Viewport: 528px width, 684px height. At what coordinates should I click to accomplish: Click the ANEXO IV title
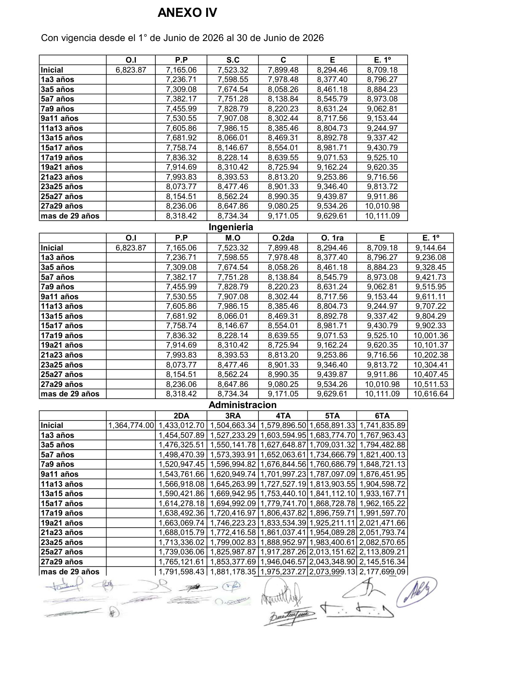coord(187,13)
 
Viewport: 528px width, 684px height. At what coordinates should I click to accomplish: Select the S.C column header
coord(233,60)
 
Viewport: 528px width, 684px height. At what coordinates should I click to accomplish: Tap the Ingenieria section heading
coord(231,227)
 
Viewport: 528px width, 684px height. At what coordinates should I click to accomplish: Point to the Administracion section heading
coord(242,405)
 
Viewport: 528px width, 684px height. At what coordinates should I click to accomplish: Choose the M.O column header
coord(233,238)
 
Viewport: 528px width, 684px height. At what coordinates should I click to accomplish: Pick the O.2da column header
coord(283,238)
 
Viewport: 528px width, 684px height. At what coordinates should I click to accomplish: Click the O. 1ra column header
coord(332,238)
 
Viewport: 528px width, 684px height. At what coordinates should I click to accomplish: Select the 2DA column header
coord(181,416)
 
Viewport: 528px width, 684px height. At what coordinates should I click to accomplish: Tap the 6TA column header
coord(382,416)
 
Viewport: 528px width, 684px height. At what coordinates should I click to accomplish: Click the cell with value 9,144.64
coord(431,248)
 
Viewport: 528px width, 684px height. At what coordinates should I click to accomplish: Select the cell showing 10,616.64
coord(431,394)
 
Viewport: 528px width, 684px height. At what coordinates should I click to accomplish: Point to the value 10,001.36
coord(431,336)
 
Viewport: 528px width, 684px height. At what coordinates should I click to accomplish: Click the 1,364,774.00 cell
coord(131,425)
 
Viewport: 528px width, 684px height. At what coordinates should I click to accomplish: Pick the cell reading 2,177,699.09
coord(382,572)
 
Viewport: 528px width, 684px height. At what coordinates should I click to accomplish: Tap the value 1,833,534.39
coord(283,523)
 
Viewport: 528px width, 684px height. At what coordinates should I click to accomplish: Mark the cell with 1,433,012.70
coord(181,425)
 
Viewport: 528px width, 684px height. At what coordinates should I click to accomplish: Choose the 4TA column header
coord(283,416)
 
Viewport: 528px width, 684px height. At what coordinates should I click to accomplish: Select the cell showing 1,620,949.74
coord(233,474)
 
